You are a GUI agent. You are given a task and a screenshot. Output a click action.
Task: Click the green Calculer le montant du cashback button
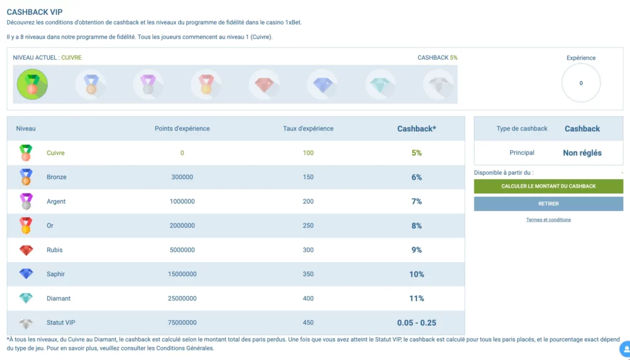coord(548,186)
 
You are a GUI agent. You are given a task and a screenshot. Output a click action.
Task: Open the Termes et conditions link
coord(548,220)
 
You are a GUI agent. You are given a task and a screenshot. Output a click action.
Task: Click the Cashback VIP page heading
coord(34,12)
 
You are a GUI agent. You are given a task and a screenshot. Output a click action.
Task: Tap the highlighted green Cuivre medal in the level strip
coord(32,84)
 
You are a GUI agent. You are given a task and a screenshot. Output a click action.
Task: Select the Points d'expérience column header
coord(182,129)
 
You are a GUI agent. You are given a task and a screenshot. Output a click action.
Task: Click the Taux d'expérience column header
coord(308,129)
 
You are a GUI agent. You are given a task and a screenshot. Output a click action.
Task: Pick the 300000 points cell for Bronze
coord(182,177)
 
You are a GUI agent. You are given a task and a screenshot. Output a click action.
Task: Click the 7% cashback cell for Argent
coord(417,201)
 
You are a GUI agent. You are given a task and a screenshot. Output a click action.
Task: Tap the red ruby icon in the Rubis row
coord(26,250)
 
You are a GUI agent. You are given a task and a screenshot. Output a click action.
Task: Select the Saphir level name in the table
coord(55,274)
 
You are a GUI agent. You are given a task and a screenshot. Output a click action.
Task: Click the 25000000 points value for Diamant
coord(182,298)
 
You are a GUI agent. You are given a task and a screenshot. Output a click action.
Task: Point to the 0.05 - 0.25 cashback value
coord(417,322)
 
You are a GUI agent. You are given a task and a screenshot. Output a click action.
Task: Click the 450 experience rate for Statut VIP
coord(308,322)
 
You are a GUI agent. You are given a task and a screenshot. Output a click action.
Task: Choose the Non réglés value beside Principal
coord(582,153)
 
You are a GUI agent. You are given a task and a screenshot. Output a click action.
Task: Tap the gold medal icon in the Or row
coord(26,226)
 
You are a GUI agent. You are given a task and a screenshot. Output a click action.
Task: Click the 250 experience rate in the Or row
coord(308,226)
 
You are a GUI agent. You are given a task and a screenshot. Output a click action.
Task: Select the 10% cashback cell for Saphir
coord(417,274)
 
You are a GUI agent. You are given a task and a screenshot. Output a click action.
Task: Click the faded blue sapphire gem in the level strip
coord(322,84)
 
